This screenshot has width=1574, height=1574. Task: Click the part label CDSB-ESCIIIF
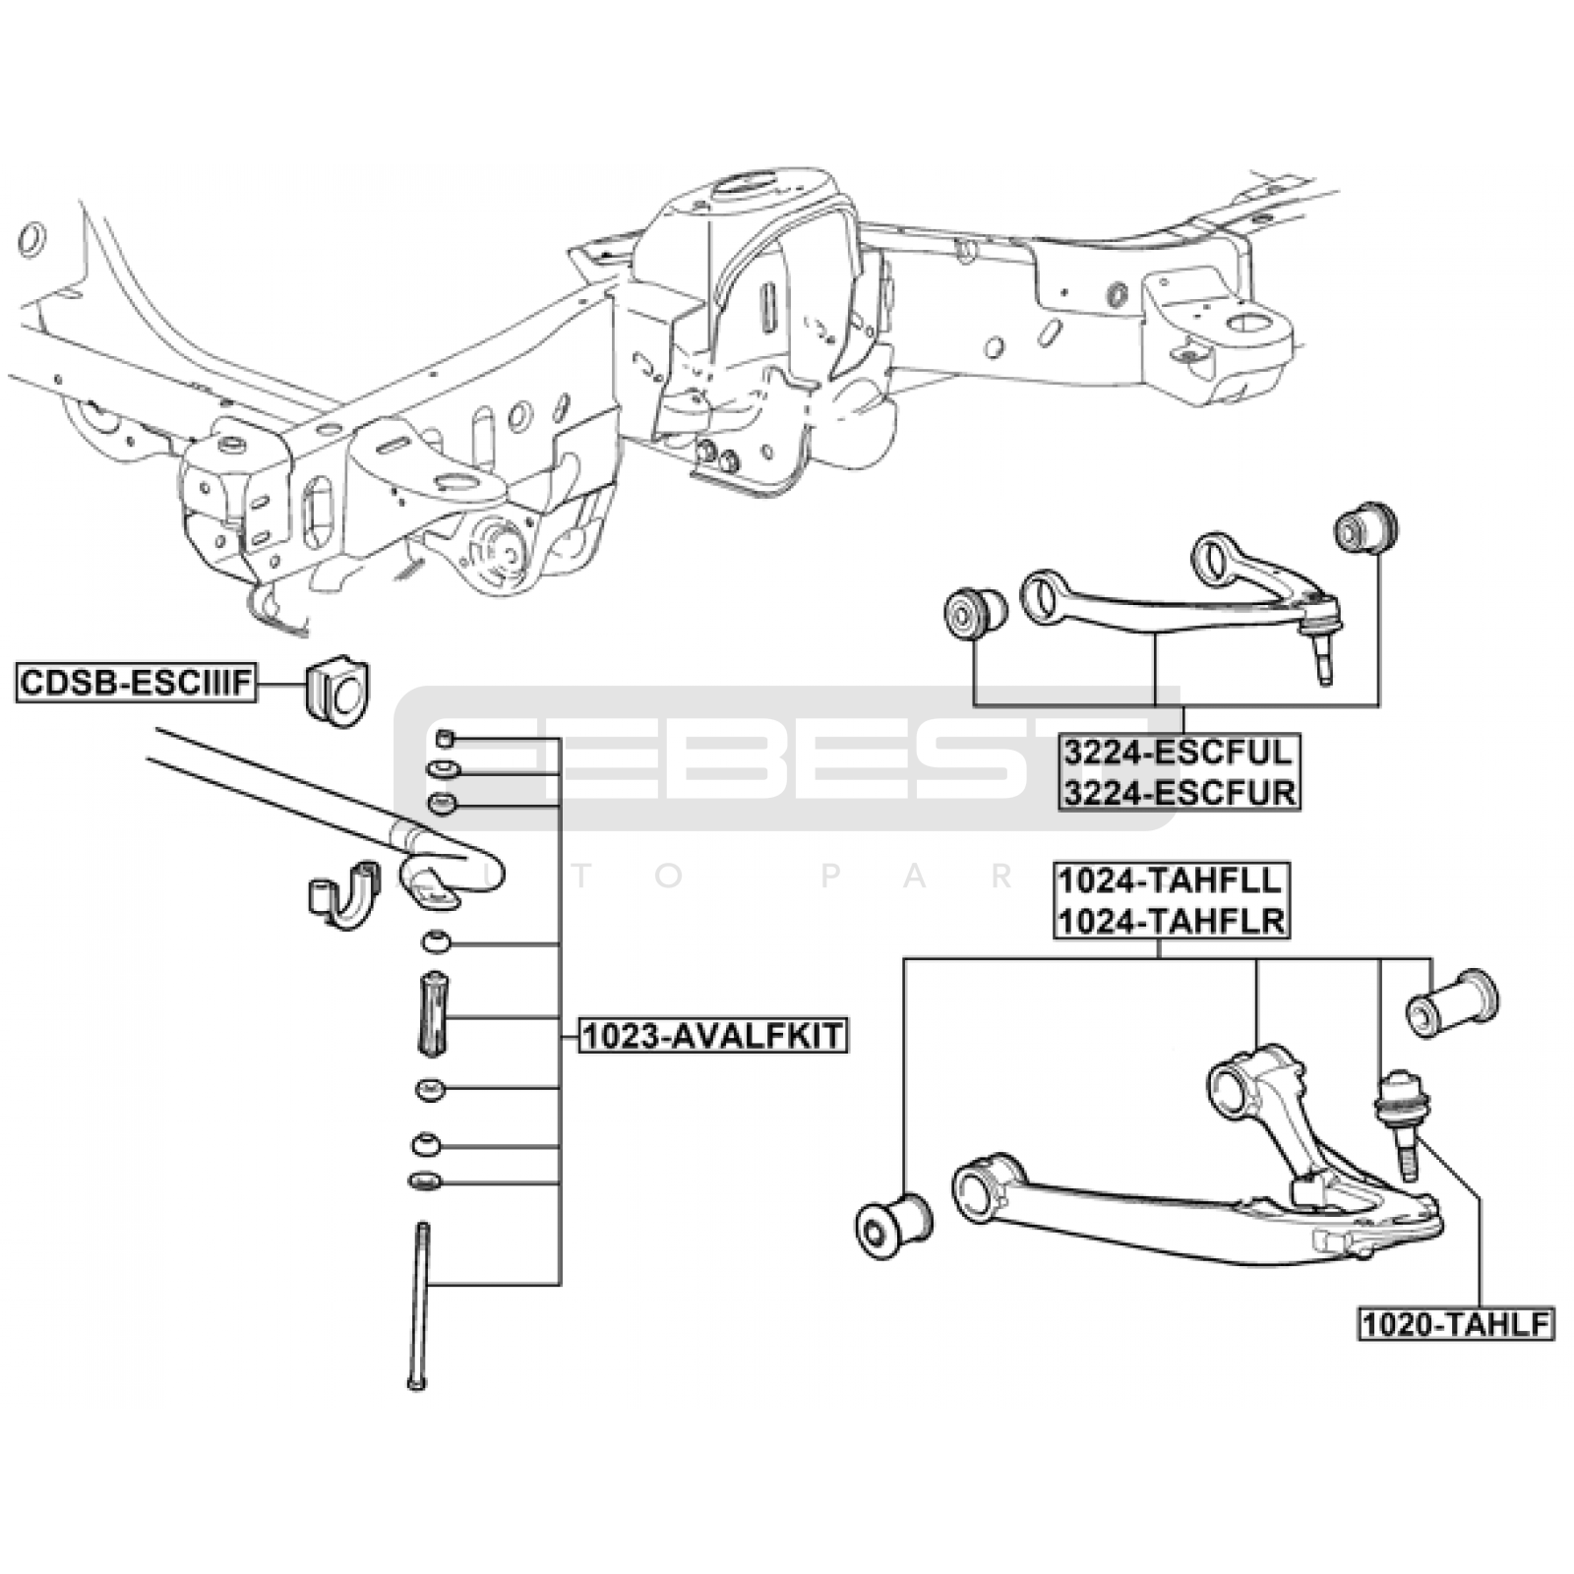[136, 683]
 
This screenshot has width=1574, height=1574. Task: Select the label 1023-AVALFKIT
[712, 1035]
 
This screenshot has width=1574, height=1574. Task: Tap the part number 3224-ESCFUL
[1178, 753]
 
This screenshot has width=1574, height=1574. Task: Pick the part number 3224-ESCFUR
[1179, 792]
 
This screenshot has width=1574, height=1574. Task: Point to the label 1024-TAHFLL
[1171, 880]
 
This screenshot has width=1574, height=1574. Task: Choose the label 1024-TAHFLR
[1171, 921]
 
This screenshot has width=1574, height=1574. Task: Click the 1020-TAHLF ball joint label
[1456, 1324]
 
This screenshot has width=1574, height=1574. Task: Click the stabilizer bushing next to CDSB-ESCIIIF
[335, 693]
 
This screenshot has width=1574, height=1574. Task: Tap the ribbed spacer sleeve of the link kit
[433, 1014]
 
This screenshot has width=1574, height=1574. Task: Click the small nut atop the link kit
[444, 738]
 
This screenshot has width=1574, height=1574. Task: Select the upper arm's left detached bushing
[973, 614]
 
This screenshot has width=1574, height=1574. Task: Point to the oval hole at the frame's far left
[32, 239]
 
